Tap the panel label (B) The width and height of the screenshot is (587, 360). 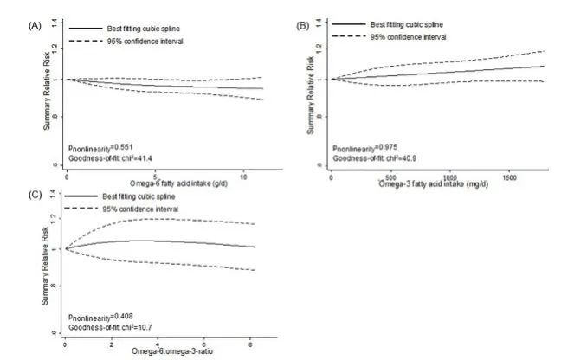(x=303, y=27)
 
